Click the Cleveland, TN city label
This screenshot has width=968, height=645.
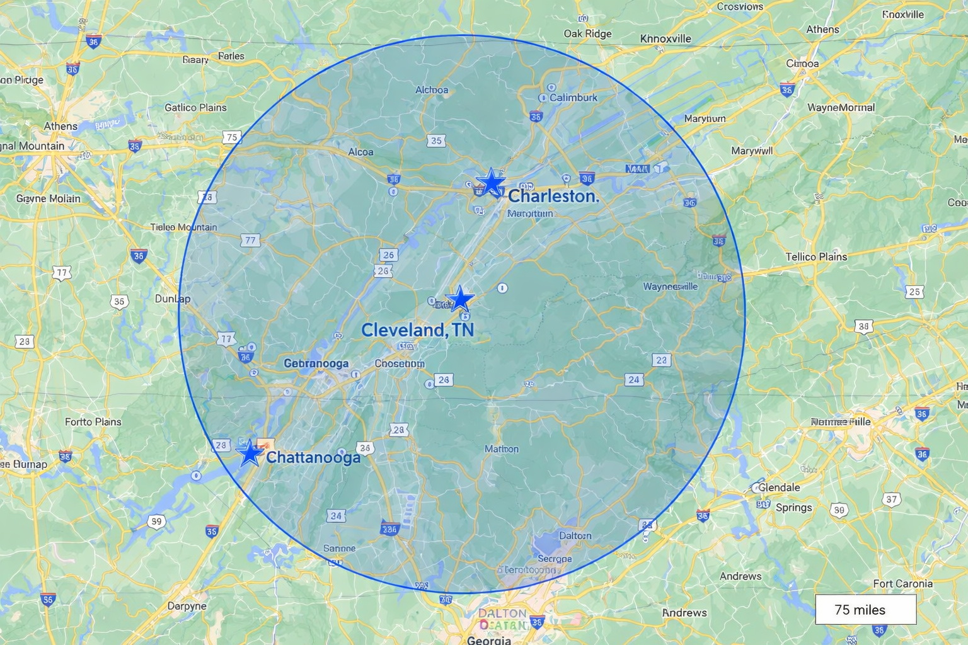point(417,329)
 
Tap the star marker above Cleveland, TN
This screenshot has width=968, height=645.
point(460,299)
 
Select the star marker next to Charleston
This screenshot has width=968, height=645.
point(490,182)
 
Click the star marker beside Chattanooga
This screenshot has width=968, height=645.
point(250,453)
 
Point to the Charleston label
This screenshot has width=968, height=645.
point(553,196)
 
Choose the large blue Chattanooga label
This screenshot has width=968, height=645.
point(313,457)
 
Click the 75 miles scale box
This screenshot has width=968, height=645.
point(865,610)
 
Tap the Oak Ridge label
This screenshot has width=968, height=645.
point(587,33)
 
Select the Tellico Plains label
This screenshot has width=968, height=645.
point(816,256)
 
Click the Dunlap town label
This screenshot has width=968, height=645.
point(173,299)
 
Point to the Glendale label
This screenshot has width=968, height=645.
point(779,487)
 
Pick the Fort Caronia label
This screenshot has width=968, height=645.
point(902,583)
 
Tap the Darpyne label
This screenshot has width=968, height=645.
point(187,606)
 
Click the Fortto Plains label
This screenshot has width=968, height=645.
point(93,421)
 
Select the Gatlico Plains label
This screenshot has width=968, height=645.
point(195,108)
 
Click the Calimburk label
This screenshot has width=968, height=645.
point(573,98)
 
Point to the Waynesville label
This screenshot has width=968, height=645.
point(670,287)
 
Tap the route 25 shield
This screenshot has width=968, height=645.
point(914,292)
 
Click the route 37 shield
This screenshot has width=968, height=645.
point(891,499)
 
